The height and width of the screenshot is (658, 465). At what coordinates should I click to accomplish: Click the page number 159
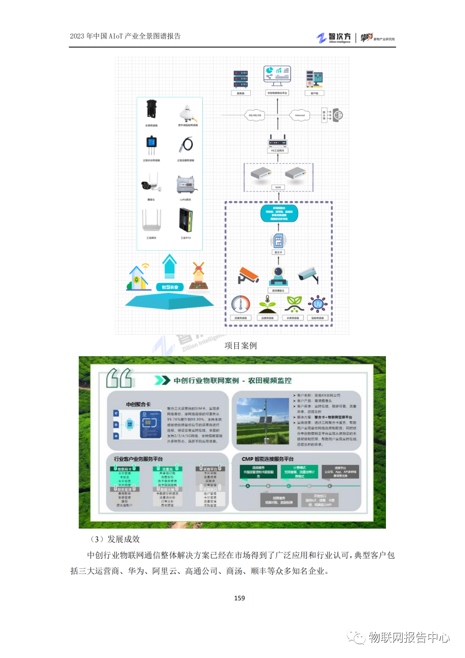[x=239, y=598]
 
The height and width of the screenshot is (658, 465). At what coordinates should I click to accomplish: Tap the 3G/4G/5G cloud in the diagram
[x=254, y=115]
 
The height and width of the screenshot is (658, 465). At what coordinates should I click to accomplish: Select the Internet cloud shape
[x=299, y=115]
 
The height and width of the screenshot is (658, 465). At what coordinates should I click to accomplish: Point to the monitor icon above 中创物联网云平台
[x=277, y=75]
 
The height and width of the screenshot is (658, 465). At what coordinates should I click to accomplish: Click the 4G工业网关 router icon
[x=278, y=141]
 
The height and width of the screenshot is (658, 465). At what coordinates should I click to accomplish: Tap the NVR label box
[x=278, y=187]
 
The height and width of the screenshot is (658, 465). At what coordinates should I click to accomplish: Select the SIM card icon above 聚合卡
[x=278, y=241]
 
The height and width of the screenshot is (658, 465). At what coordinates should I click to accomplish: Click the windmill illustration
[x=199, y=275]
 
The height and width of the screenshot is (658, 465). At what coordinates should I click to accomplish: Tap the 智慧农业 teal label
[x=170, y=287]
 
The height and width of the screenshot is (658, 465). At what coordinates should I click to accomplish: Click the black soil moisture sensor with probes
[x=151, y=146]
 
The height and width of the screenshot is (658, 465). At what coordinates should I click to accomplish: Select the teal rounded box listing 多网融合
[x=279, y=213]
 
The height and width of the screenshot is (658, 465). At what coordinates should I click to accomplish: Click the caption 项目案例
[x=240, y=346]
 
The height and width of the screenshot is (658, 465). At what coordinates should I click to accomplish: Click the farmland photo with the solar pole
[x=263, y=421]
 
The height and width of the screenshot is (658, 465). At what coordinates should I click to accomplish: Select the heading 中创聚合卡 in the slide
[x=138, y=404]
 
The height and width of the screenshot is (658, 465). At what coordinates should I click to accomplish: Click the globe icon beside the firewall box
[x=338, y=115]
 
